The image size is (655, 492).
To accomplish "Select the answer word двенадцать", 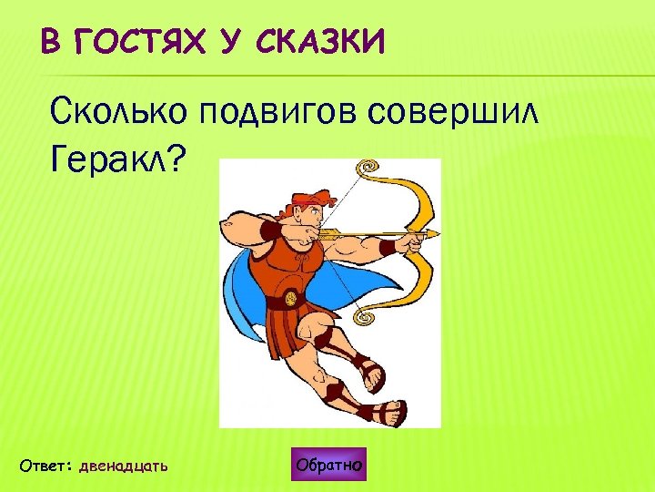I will (x=124, y=466).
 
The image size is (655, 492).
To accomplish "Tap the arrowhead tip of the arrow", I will (x=435, y=235).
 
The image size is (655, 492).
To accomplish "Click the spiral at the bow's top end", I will (x=368, y=169).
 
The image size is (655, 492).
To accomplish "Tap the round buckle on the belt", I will (x=289, y=298).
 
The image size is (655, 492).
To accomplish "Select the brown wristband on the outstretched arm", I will (x=388, y=247).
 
